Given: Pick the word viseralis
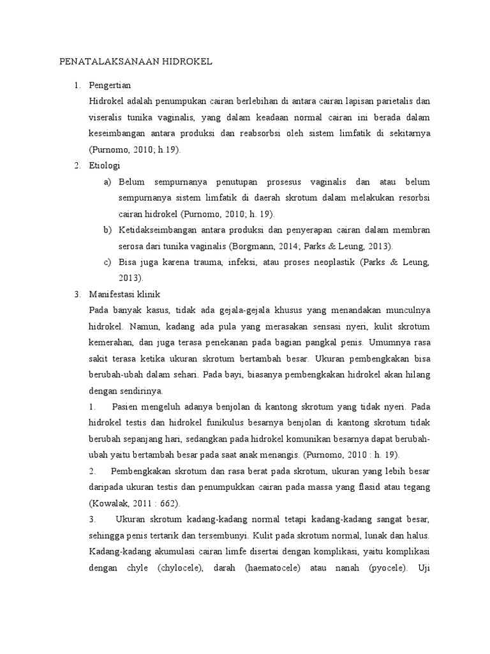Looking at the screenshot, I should point(109,118).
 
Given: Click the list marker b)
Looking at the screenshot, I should point(107,229).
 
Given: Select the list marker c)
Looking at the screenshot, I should point(107,262).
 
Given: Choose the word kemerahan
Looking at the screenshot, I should point(114,342).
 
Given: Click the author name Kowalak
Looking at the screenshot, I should point(114,503).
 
